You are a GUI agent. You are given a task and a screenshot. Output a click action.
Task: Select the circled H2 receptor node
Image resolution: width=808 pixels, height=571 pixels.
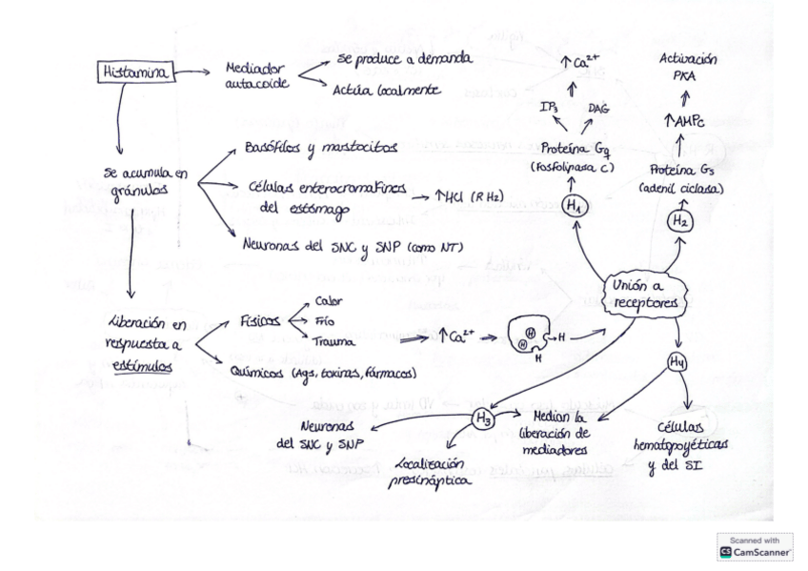[679, 220]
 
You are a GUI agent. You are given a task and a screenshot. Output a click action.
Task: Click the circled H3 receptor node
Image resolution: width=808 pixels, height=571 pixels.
[482, 418]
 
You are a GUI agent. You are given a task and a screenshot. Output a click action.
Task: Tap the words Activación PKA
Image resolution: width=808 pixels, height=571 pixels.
[688, 66]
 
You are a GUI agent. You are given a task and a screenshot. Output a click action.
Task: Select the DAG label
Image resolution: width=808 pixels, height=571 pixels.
[599, 108]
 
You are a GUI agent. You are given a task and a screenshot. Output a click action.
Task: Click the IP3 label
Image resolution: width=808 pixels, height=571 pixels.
[549, 108]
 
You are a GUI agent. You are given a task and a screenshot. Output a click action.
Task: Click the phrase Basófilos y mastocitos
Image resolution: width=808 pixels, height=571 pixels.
[307, 149]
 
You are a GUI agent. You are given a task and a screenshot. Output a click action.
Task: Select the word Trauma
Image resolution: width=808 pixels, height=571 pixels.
[333, 339]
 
